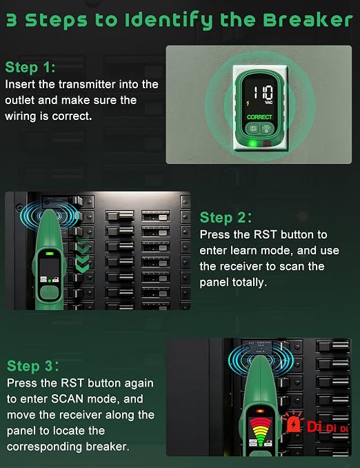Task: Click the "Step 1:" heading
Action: tap(30, 67)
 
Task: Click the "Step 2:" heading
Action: tap(226, 217)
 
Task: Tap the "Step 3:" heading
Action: tap(33, 366)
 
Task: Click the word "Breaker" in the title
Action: tap(308, 20)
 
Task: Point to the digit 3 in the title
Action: tap(12, 21)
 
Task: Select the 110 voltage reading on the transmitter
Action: tap(263, 92)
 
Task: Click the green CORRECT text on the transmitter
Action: tap(259, 117)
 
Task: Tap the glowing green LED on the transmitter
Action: tap(252, 144)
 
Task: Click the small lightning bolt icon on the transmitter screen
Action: tap(248, 103)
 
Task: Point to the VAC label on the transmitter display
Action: tap(268, 103)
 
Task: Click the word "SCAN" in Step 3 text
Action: tap(67, 399)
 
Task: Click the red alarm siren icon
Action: tap(293, 422)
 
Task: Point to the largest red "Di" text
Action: tap(315, 427)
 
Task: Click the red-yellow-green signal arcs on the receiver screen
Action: tap(261, 431)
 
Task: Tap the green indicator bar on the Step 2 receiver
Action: tap(50, 254)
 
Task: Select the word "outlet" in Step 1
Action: tap(20, 101)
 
